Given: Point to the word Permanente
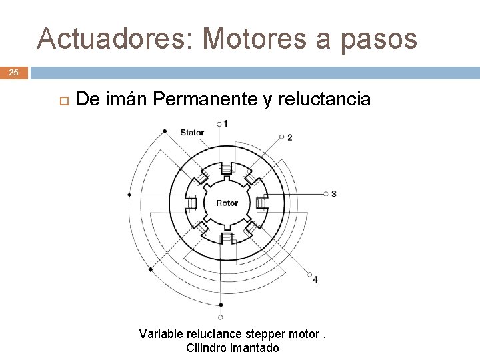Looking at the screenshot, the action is point(204,99).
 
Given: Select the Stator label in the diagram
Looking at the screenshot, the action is point(192,132).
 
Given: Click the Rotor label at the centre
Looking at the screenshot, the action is point(227,203).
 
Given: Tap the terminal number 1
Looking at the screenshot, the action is point(225,123).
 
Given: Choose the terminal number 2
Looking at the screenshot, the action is point(289,137).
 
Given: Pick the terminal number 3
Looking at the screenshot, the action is point(333,194).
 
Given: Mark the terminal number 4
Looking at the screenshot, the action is point(315,279).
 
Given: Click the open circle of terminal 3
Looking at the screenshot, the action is point(326,194).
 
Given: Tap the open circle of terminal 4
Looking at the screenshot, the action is point(309,273).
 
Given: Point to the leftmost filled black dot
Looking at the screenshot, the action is point(129,195).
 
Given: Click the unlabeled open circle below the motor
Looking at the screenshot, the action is point(220,317).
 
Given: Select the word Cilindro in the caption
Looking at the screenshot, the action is point(207,348).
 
